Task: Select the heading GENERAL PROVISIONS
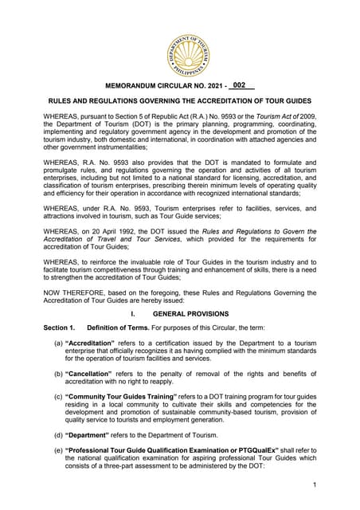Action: click(191, 314)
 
